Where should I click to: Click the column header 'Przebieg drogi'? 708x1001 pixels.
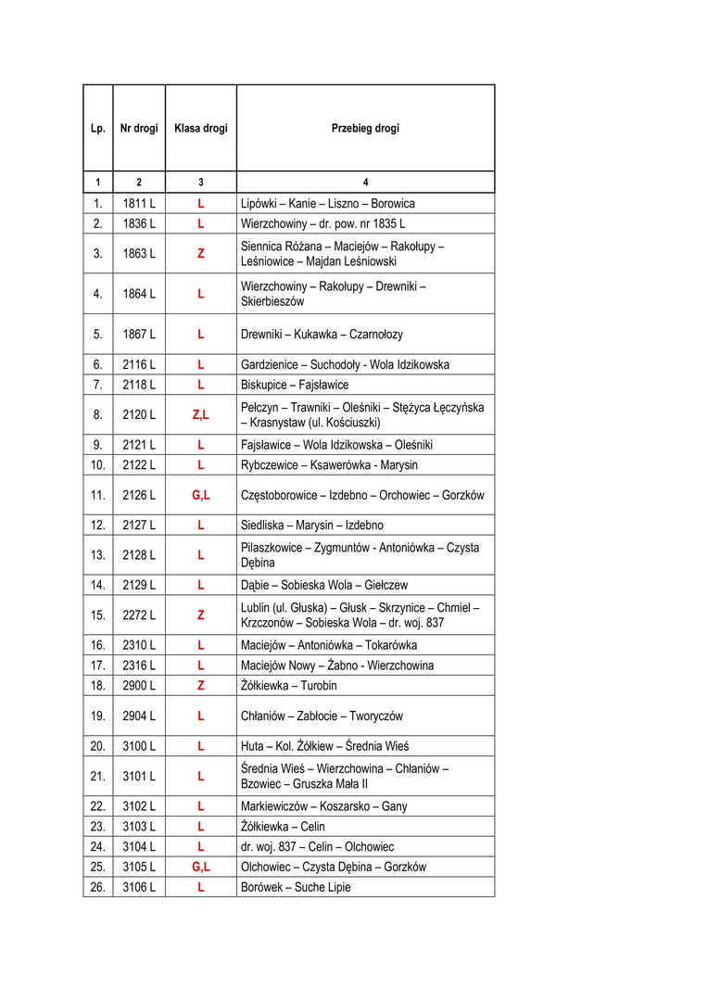point(365,129)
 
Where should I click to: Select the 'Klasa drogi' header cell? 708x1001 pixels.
point(200,129)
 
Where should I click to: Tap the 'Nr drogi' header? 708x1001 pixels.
point(139,129)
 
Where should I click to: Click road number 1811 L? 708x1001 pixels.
point(139,204)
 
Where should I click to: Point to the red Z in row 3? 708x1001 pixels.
point(200,253)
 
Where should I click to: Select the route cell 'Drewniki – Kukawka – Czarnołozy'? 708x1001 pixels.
point(322,335)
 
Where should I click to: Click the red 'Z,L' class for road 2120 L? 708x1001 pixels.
point(200,415)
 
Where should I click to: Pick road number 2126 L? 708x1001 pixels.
point(139,496)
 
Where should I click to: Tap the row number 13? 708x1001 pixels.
point(97,555)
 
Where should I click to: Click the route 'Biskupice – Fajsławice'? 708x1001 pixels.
point(295,385)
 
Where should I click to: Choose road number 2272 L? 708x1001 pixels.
point(139,615)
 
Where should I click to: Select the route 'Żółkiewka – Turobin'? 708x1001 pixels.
point(289,686)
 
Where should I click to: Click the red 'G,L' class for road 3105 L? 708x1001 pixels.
point(200,868)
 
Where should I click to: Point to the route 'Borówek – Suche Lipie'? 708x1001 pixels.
point(296,888)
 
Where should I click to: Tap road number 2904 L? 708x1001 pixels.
point(139,716)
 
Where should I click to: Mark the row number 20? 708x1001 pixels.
point(97,746)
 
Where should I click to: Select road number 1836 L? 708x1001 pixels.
point(139,223)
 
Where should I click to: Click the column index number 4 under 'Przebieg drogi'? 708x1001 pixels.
point(365,183)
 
